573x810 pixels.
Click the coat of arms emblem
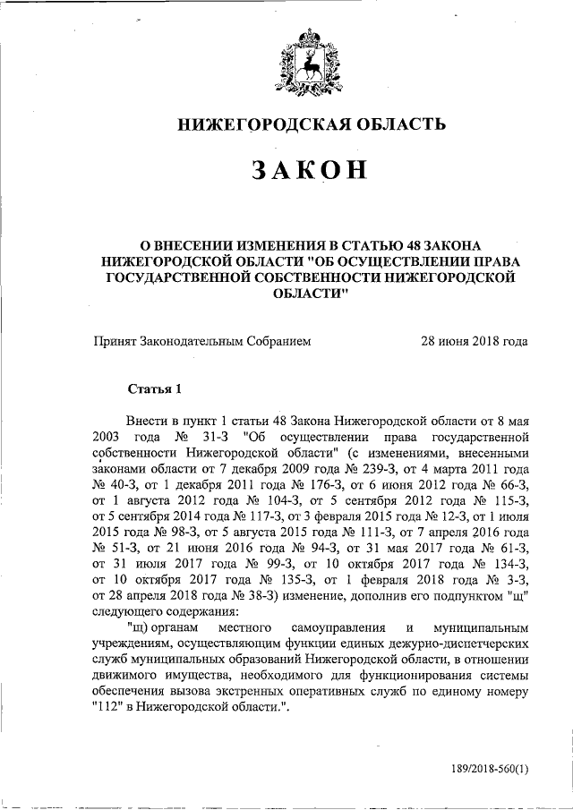click(x=309, y=62)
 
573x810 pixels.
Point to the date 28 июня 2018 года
click(x=474, y=341)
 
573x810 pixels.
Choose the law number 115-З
click(x=505, y=502)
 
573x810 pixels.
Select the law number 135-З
click(x=295, y=583)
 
